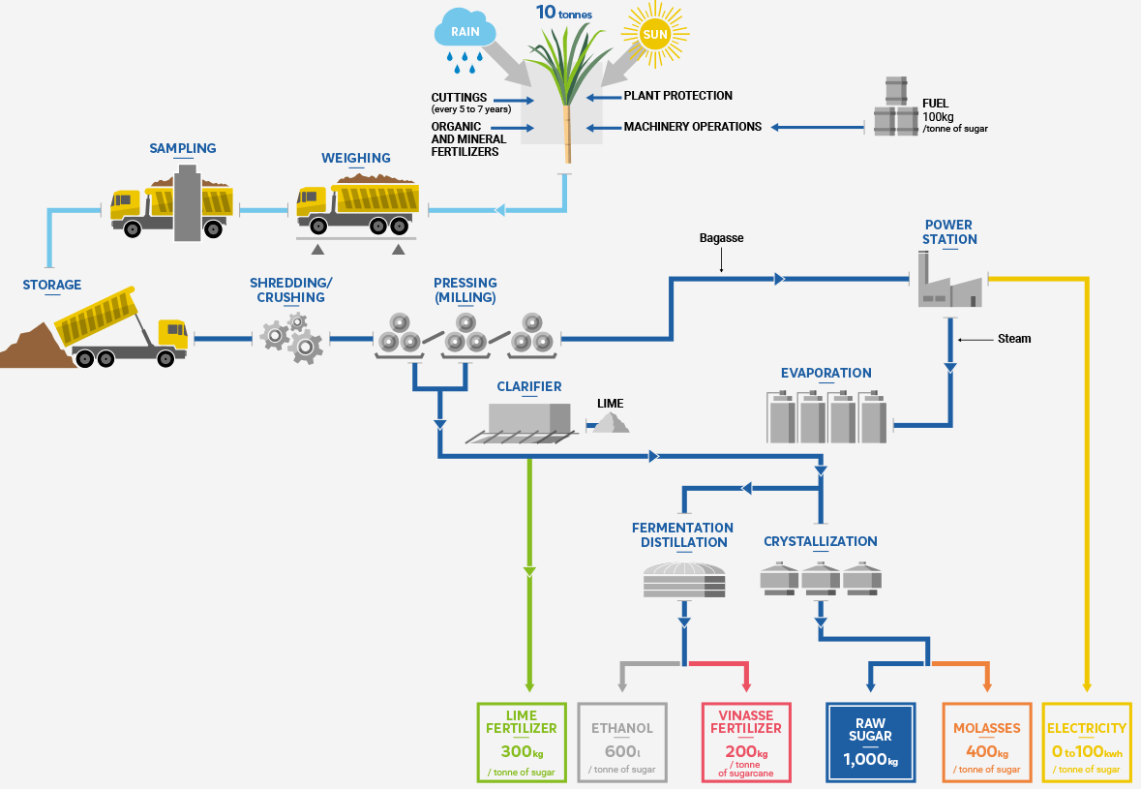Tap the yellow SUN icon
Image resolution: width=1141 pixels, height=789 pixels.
(x=655, y=36)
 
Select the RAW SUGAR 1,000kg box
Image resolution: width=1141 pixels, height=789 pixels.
(x=870, y=742)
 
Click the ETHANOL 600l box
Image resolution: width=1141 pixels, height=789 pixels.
(x=621, y=742)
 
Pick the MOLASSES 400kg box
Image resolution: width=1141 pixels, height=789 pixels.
(x=987, y=742)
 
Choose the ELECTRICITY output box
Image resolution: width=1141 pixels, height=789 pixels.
(x=1087, y=742)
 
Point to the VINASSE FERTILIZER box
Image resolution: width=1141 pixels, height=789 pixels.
(x=746, y=742)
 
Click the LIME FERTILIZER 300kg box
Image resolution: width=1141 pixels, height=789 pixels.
(x=522, y=742)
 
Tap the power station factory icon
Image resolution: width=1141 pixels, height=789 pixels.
(x=949, y=282)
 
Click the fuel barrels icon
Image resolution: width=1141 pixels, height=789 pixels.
(x=895, y=108)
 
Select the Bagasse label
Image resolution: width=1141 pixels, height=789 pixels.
(x=721, y=237)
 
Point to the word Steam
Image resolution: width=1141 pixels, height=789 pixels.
(x=1014, y=339)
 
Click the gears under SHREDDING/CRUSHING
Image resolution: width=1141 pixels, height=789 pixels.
(x=292, y=336)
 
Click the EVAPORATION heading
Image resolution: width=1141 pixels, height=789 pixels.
(x=826, y=373)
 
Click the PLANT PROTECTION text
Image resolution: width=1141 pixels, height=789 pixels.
(x=677, y=96)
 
